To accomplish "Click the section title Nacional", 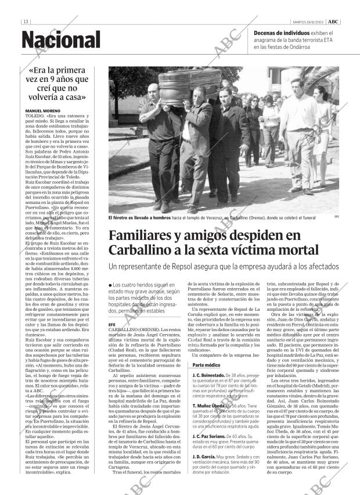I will click(61, 40).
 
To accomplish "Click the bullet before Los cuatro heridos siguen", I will click(110, 285).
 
